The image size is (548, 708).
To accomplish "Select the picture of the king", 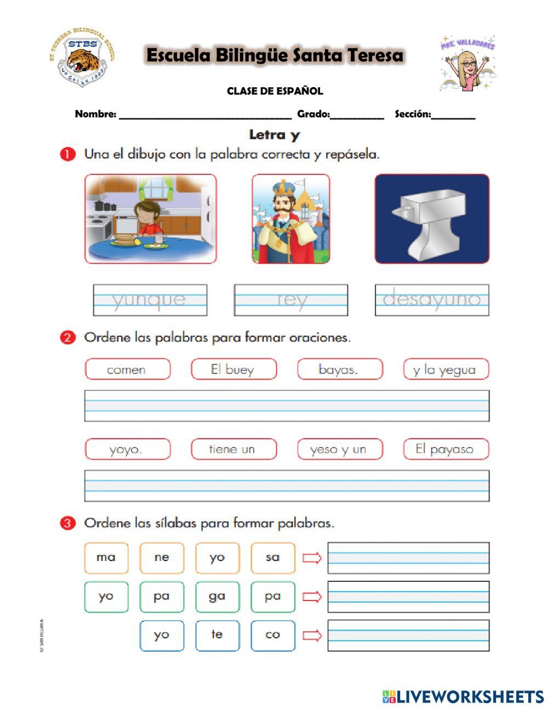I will pyautogui.click(x=290, y=219).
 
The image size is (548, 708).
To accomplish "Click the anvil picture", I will pyautogui.click(x=431, y=219).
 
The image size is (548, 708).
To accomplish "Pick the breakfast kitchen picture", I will pyautogui.click(x=151, y=219).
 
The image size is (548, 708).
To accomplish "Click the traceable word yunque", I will pyautogui.click(x=150, y=300).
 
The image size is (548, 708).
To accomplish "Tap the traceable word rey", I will pyautogui.click(x=291, y=300).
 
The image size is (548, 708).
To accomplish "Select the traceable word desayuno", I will pyautogui.click(x=432, y=300).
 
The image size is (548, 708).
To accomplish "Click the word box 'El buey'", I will pyautogui.click(x=233, y=369).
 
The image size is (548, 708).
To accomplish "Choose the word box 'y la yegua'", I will pyautogui.click(x=446, y=369).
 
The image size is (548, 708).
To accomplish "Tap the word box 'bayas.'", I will pyautogui.click(x=340, y=369).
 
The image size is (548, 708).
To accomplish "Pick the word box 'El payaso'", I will pyautogui.click(x=446, y=449).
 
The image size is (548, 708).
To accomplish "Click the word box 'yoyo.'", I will pyautogui.click(x=127, y=449).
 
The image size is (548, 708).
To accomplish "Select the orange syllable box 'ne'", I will pyautogui.click(x=162, y=558).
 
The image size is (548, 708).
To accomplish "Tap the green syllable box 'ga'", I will pyautogui.click(x=217, y=597).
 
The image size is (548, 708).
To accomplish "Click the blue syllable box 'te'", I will pyautogui.click(x=217, y=635).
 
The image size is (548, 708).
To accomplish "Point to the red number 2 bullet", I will pyautogui.click(x=67, y=338).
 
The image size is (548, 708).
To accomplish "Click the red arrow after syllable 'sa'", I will pyautogui.click(x=312, y=558).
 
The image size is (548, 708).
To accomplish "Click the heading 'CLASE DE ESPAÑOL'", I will pyautogui.click(x=275, y=91).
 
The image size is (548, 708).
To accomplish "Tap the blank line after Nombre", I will pyautogui.click(x=205, y=116).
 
